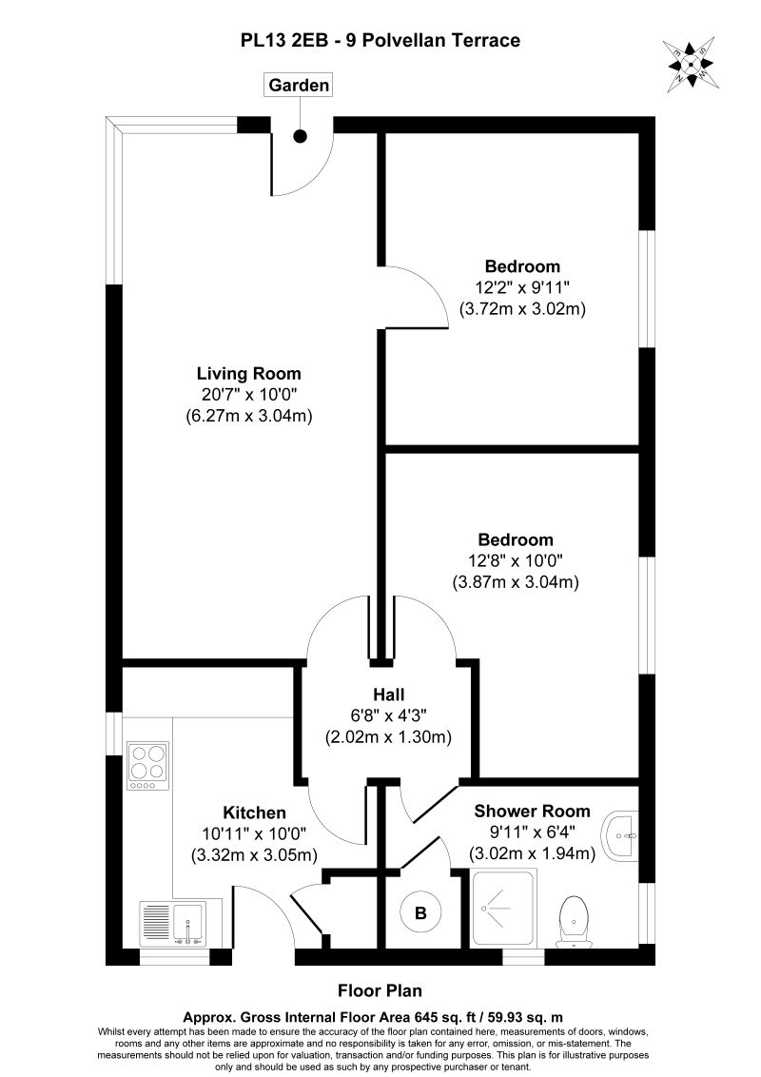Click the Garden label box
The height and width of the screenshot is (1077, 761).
tap(299, 86)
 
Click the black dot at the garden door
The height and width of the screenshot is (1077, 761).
tap(301, 136)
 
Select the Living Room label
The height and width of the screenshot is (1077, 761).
tap(248, 374)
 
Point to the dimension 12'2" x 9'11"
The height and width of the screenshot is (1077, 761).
tap(522, 287)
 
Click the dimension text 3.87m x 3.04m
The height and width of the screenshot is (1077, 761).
tap(516, 582)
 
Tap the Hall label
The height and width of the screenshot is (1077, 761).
tap(389, 695)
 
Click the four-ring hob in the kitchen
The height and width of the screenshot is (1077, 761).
tap(147, 766)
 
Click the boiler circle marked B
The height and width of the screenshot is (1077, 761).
tap(420, 912)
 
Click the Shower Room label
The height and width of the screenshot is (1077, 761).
tap(533, 812)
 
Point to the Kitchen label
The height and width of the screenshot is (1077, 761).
tap(254, 813)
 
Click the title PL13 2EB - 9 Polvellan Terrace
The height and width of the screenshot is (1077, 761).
tap(380, 41)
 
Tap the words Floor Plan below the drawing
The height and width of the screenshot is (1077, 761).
tap(380, 990)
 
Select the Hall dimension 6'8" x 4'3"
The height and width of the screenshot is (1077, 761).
tap(389, 715)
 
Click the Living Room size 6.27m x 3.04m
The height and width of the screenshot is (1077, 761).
tap(248, 416)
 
